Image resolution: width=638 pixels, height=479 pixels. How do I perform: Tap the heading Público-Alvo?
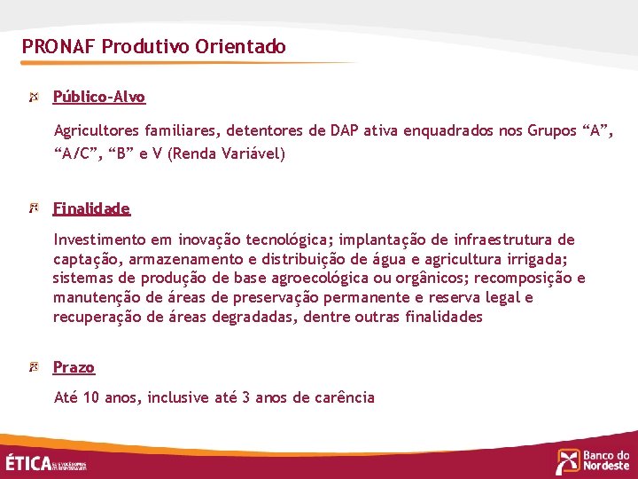(99, 97)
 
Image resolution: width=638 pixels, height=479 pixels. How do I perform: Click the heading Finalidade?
(91, 208)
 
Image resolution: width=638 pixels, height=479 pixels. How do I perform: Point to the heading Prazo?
(74, 367)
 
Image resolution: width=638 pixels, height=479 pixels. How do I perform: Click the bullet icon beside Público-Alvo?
(35, 96)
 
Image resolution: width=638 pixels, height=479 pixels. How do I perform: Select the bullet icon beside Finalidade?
(35, 208)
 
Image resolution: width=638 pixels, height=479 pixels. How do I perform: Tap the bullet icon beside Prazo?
(35, 366)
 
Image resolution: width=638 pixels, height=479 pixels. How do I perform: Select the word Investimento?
(98, 239)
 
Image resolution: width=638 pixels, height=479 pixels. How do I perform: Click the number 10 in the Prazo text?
(91, 397)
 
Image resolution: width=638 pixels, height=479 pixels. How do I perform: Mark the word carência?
(344, 397)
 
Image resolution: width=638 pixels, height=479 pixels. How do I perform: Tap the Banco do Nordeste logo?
(593, 460)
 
